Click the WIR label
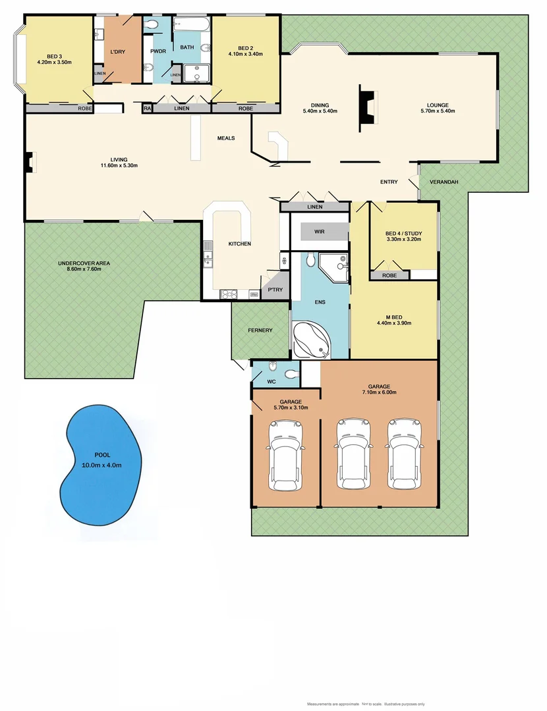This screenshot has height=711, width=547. (320, 232)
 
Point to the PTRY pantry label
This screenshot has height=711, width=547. (274, 290)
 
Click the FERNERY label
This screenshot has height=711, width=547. (260, 330)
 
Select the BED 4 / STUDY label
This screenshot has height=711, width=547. (403, 234)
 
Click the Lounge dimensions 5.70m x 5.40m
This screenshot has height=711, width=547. (438, 111)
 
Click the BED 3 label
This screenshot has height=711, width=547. (53, 57)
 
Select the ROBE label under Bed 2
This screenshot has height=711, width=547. (246, 109)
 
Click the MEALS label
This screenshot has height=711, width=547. (226, 138)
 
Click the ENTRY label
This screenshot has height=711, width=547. (389, 182)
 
